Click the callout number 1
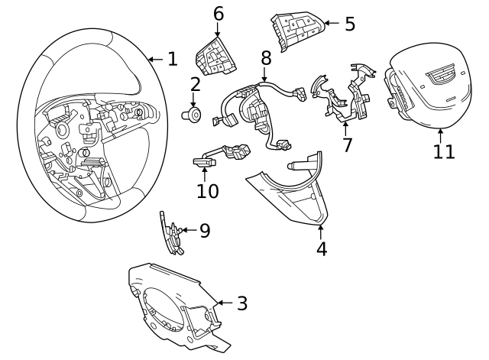[173, 59]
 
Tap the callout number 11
[444, 151]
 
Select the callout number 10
[208, 191]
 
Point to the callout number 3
[242, 303]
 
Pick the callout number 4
[322, 249]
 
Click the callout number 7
[347, 144]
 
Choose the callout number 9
[205, 231]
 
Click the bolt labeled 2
[192, 115]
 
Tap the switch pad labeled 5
[297, 31]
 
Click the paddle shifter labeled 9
[172, 233]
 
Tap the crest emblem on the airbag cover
[440, 75]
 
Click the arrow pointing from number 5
[332, 23]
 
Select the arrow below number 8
[264, 75]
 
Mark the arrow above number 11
[440, 136]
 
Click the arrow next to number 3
[225, 303]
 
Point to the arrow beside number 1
[156, 59]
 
